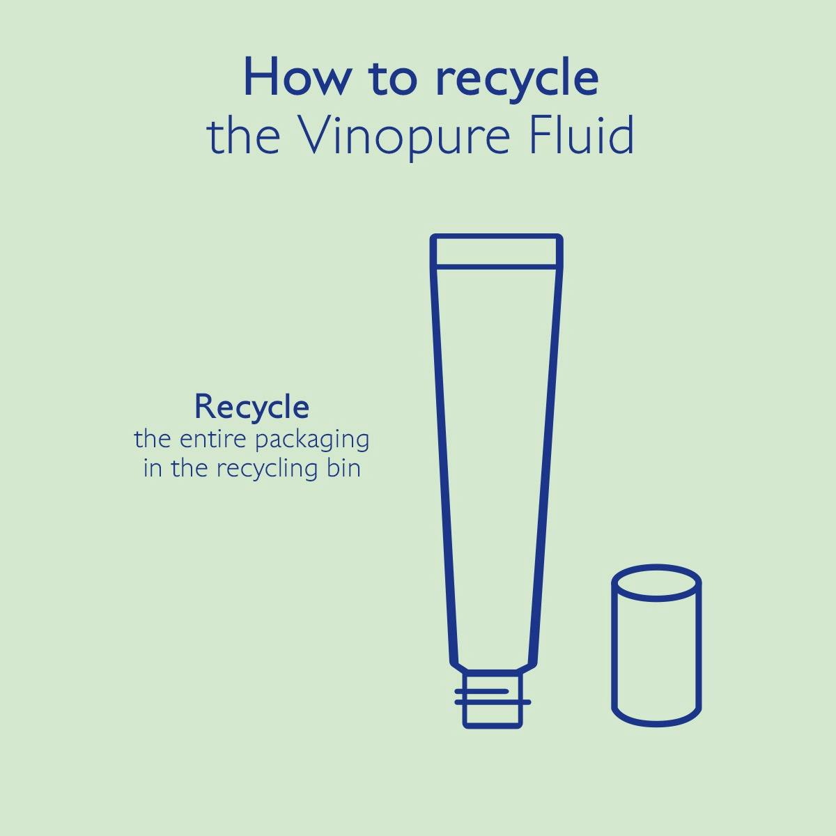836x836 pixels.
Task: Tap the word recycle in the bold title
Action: coord(516,79)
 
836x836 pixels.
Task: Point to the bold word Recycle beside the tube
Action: coord(251,407)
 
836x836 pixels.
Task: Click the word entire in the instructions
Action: coord(208,440)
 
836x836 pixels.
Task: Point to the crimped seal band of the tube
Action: coord(496,251)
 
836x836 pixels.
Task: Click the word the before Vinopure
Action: coord(243,137)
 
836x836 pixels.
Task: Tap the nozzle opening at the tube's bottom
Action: coord(493,725)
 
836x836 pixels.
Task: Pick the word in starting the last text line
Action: coord(152,467)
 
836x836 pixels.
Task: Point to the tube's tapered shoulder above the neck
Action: coord(493,665)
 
